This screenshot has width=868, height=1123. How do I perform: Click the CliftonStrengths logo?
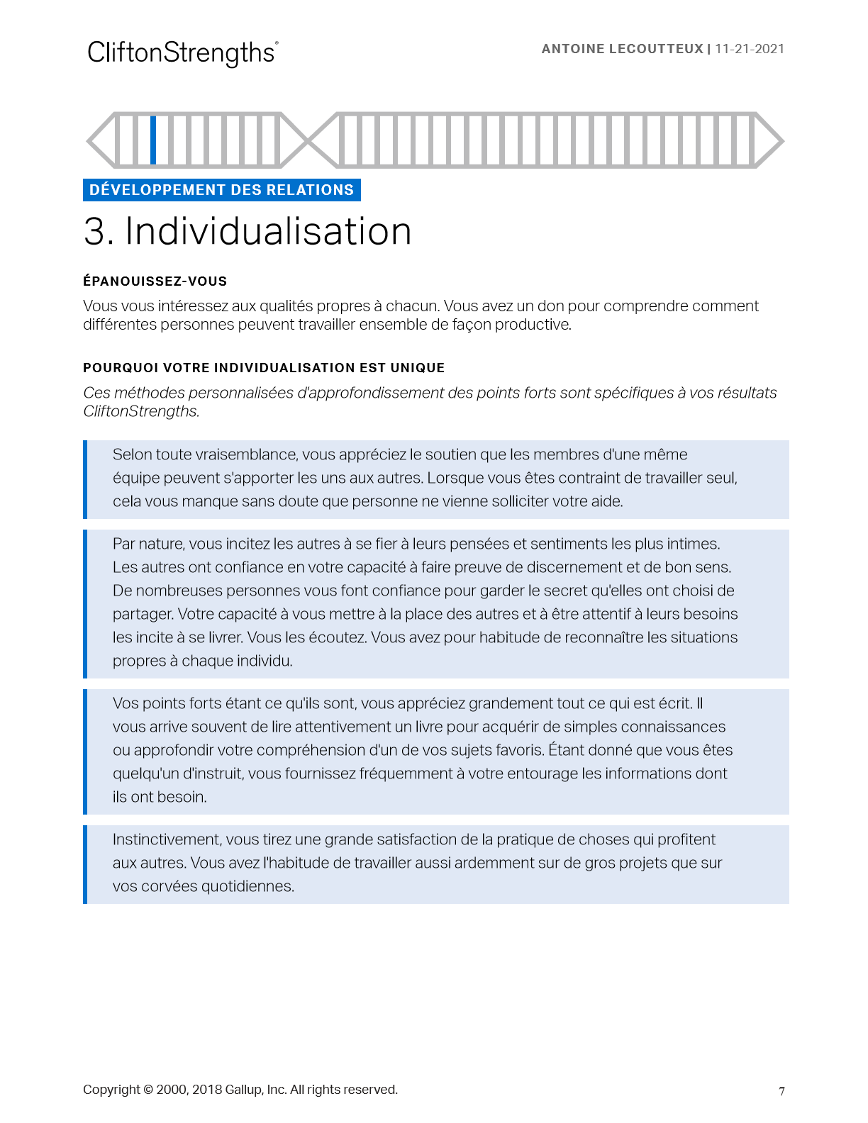click(182, 53)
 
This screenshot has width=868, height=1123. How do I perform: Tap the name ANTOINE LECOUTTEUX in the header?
click(622, 49)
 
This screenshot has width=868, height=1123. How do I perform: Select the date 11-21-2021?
click(750, 49)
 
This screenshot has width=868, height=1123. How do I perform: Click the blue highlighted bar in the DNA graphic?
click(153, 140)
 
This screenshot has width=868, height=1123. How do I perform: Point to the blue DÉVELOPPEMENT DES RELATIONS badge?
click(221, 190)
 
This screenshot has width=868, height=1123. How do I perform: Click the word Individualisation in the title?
click(268, 232)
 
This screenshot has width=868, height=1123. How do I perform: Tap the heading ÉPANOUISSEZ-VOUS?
click(155, 281)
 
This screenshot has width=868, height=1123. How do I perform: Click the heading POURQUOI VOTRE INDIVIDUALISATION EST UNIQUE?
click(264, 368)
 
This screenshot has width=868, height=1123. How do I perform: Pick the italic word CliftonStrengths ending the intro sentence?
click(140, 411)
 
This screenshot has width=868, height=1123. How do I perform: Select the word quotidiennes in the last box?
click(247, 886)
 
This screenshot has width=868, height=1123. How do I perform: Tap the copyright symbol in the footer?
click(148, 1090)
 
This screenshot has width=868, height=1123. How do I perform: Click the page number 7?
click(781, 1091)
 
